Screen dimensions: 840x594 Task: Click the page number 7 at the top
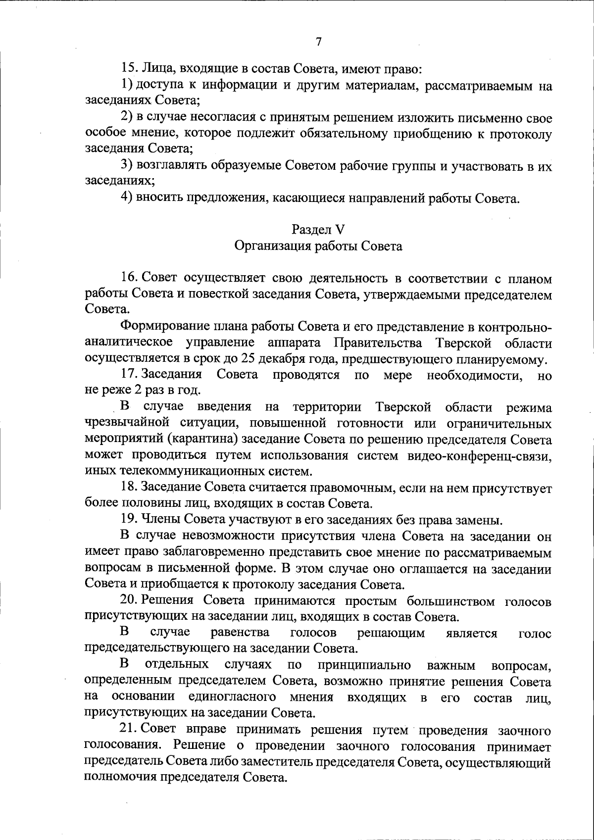[x=318, y=42]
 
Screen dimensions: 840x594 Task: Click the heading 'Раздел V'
[x=318, y=229]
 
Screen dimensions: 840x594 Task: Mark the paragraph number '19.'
[x=129, y=520]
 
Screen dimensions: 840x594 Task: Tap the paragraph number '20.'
[x=130, y=601]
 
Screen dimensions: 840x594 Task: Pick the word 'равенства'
[x=240, y=633]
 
